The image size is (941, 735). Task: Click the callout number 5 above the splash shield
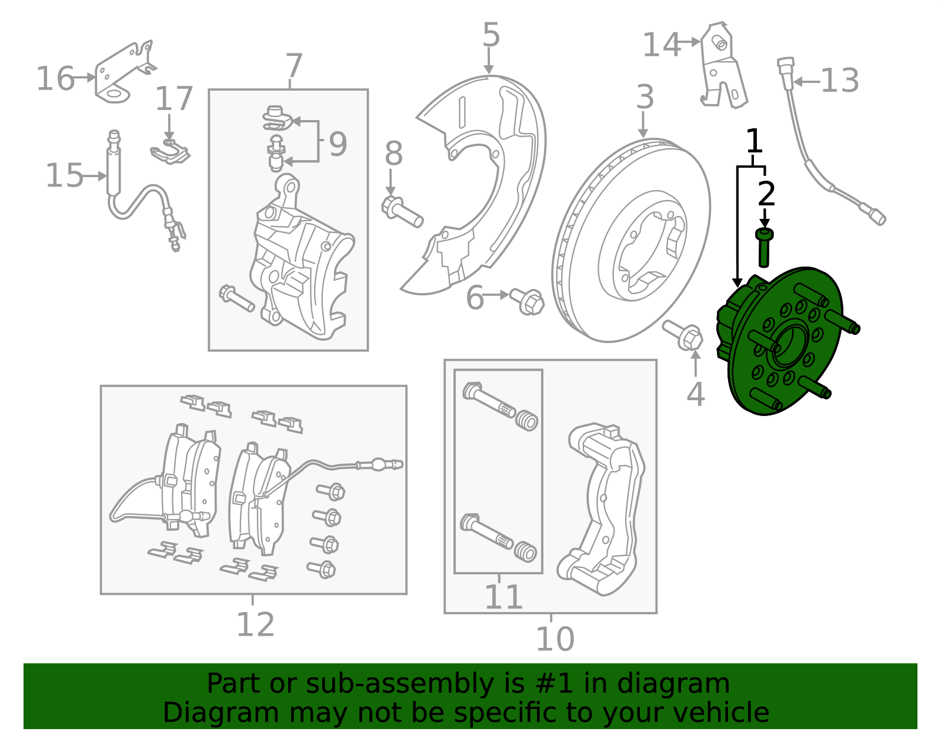point(491,35)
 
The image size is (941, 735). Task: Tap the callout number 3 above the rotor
point(645,97)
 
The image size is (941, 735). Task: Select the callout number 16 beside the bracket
point(55,79)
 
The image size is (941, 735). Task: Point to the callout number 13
point(840,81)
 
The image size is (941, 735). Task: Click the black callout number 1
point(754,141)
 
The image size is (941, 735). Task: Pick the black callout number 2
point(766,194)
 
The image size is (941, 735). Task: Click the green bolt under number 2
point(764,247)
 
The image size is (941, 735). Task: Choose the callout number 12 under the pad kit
point(255,625)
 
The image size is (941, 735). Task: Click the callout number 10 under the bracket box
point(555,639)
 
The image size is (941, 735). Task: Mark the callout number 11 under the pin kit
point(503,597)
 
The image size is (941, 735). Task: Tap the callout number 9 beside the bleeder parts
point(338,144)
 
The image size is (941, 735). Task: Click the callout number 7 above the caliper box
point(294,66)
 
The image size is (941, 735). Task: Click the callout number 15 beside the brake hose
point(65,176)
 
